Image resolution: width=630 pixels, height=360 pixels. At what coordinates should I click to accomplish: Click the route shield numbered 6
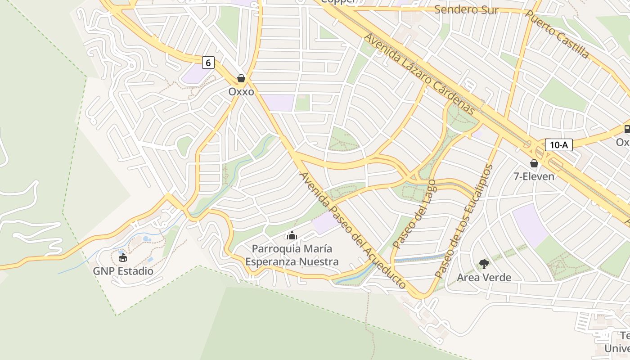point(207,63)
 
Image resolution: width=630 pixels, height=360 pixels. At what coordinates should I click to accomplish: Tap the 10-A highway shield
point(558,145)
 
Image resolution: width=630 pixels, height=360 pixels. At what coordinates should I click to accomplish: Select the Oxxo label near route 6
point(241,92)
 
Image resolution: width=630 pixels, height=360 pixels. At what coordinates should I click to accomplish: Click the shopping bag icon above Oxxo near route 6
point(241,79)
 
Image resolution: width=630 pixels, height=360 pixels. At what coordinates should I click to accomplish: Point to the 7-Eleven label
point(534,176)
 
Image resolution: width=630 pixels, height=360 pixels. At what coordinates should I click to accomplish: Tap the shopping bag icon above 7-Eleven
point(534,163)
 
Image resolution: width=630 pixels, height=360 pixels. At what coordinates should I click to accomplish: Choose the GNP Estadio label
point(123,271)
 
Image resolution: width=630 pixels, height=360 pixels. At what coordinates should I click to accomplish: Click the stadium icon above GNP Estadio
point(123,258)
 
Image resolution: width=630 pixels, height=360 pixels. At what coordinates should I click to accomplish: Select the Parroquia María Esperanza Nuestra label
point(292,255)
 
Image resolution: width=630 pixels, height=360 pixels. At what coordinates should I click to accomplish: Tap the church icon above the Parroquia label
point(292,235)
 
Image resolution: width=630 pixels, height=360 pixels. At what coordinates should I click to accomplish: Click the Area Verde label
point(484,278)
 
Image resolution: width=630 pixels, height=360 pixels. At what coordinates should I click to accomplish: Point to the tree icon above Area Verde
point(484,264)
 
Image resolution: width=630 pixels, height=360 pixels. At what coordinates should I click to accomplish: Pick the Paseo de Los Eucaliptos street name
point(464,221)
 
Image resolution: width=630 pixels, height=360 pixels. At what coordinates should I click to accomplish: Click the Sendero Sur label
point(466,10)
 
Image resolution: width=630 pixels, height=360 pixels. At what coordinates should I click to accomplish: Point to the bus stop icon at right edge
point(627,129)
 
